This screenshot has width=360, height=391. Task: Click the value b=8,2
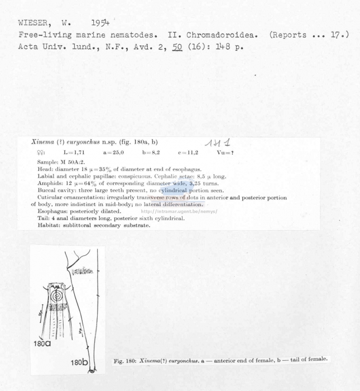[x=151, y=152]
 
